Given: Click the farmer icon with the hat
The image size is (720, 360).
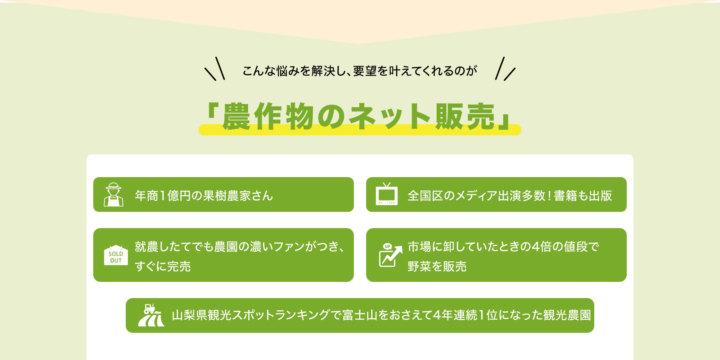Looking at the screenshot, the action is pos(113,194).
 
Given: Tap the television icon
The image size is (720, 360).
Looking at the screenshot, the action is pos(387,194).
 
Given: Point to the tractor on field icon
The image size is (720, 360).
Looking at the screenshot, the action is pos(151,315).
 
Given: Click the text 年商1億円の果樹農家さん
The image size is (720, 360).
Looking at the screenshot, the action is pos(204,195).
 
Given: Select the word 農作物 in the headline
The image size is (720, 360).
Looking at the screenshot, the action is pos(268,116).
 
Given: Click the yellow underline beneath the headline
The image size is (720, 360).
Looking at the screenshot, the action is pos(360,130).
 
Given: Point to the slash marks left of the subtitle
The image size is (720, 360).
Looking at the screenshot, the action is pos(215,68).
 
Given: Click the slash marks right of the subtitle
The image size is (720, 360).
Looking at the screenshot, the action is pos(505,68).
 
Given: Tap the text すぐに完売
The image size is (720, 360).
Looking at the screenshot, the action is pos(163,266).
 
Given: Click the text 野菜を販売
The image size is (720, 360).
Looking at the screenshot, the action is pos(437,266).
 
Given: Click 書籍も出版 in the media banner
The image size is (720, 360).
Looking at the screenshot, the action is pos(583,195).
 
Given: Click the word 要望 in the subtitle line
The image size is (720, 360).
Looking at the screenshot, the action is pos(365,71).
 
